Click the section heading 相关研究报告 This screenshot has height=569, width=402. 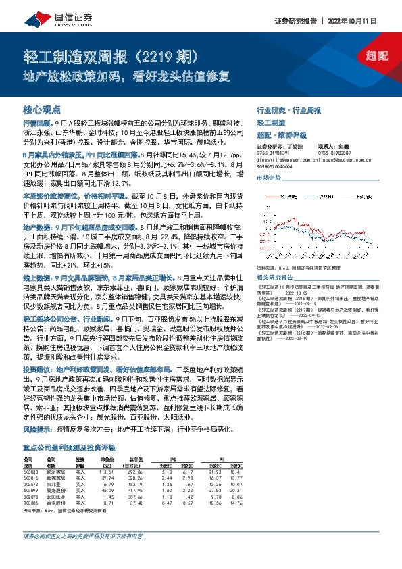(x=276, y=278)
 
